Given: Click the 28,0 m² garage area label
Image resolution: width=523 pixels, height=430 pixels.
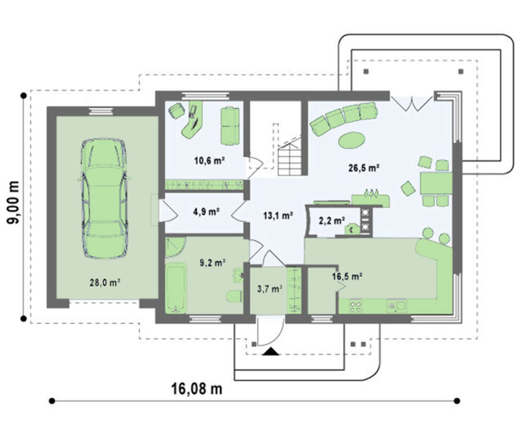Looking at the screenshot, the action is [105, 283].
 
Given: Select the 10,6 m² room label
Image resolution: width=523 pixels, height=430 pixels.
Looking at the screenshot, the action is [209, 161].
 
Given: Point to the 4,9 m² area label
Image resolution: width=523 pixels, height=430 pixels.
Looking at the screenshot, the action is [206, 211].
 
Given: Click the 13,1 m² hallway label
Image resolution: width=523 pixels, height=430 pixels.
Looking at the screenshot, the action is [278, 216].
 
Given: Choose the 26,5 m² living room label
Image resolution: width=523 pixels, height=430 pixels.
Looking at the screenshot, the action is [363, 167].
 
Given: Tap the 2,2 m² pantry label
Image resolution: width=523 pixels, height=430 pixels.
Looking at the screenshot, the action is [332, 221].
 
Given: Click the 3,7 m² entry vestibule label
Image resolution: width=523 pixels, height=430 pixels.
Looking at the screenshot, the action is [269, 289].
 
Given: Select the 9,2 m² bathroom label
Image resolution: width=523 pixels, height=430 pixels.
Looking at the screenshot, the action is [212, 263].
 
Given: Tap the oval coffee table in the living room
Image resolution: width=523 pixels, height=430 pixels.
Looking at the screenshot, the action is [351, 140].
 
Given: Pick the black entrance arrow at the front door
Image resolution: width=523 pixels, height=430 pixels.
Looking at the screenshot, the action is [270, 352].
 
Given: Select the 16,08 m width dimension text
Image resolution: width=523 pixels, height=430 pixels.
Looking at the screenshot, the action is [197, 389].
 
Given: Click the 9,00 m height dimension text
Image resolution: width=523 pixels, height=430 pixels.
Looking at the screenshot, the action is [14, 202].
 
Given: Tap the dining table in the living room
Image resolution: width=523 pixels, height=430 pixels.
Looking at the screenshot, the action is [436, 183].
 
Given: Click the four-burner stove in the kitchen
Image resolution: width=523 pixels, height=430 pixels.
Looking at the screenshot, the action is [356, 307].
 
